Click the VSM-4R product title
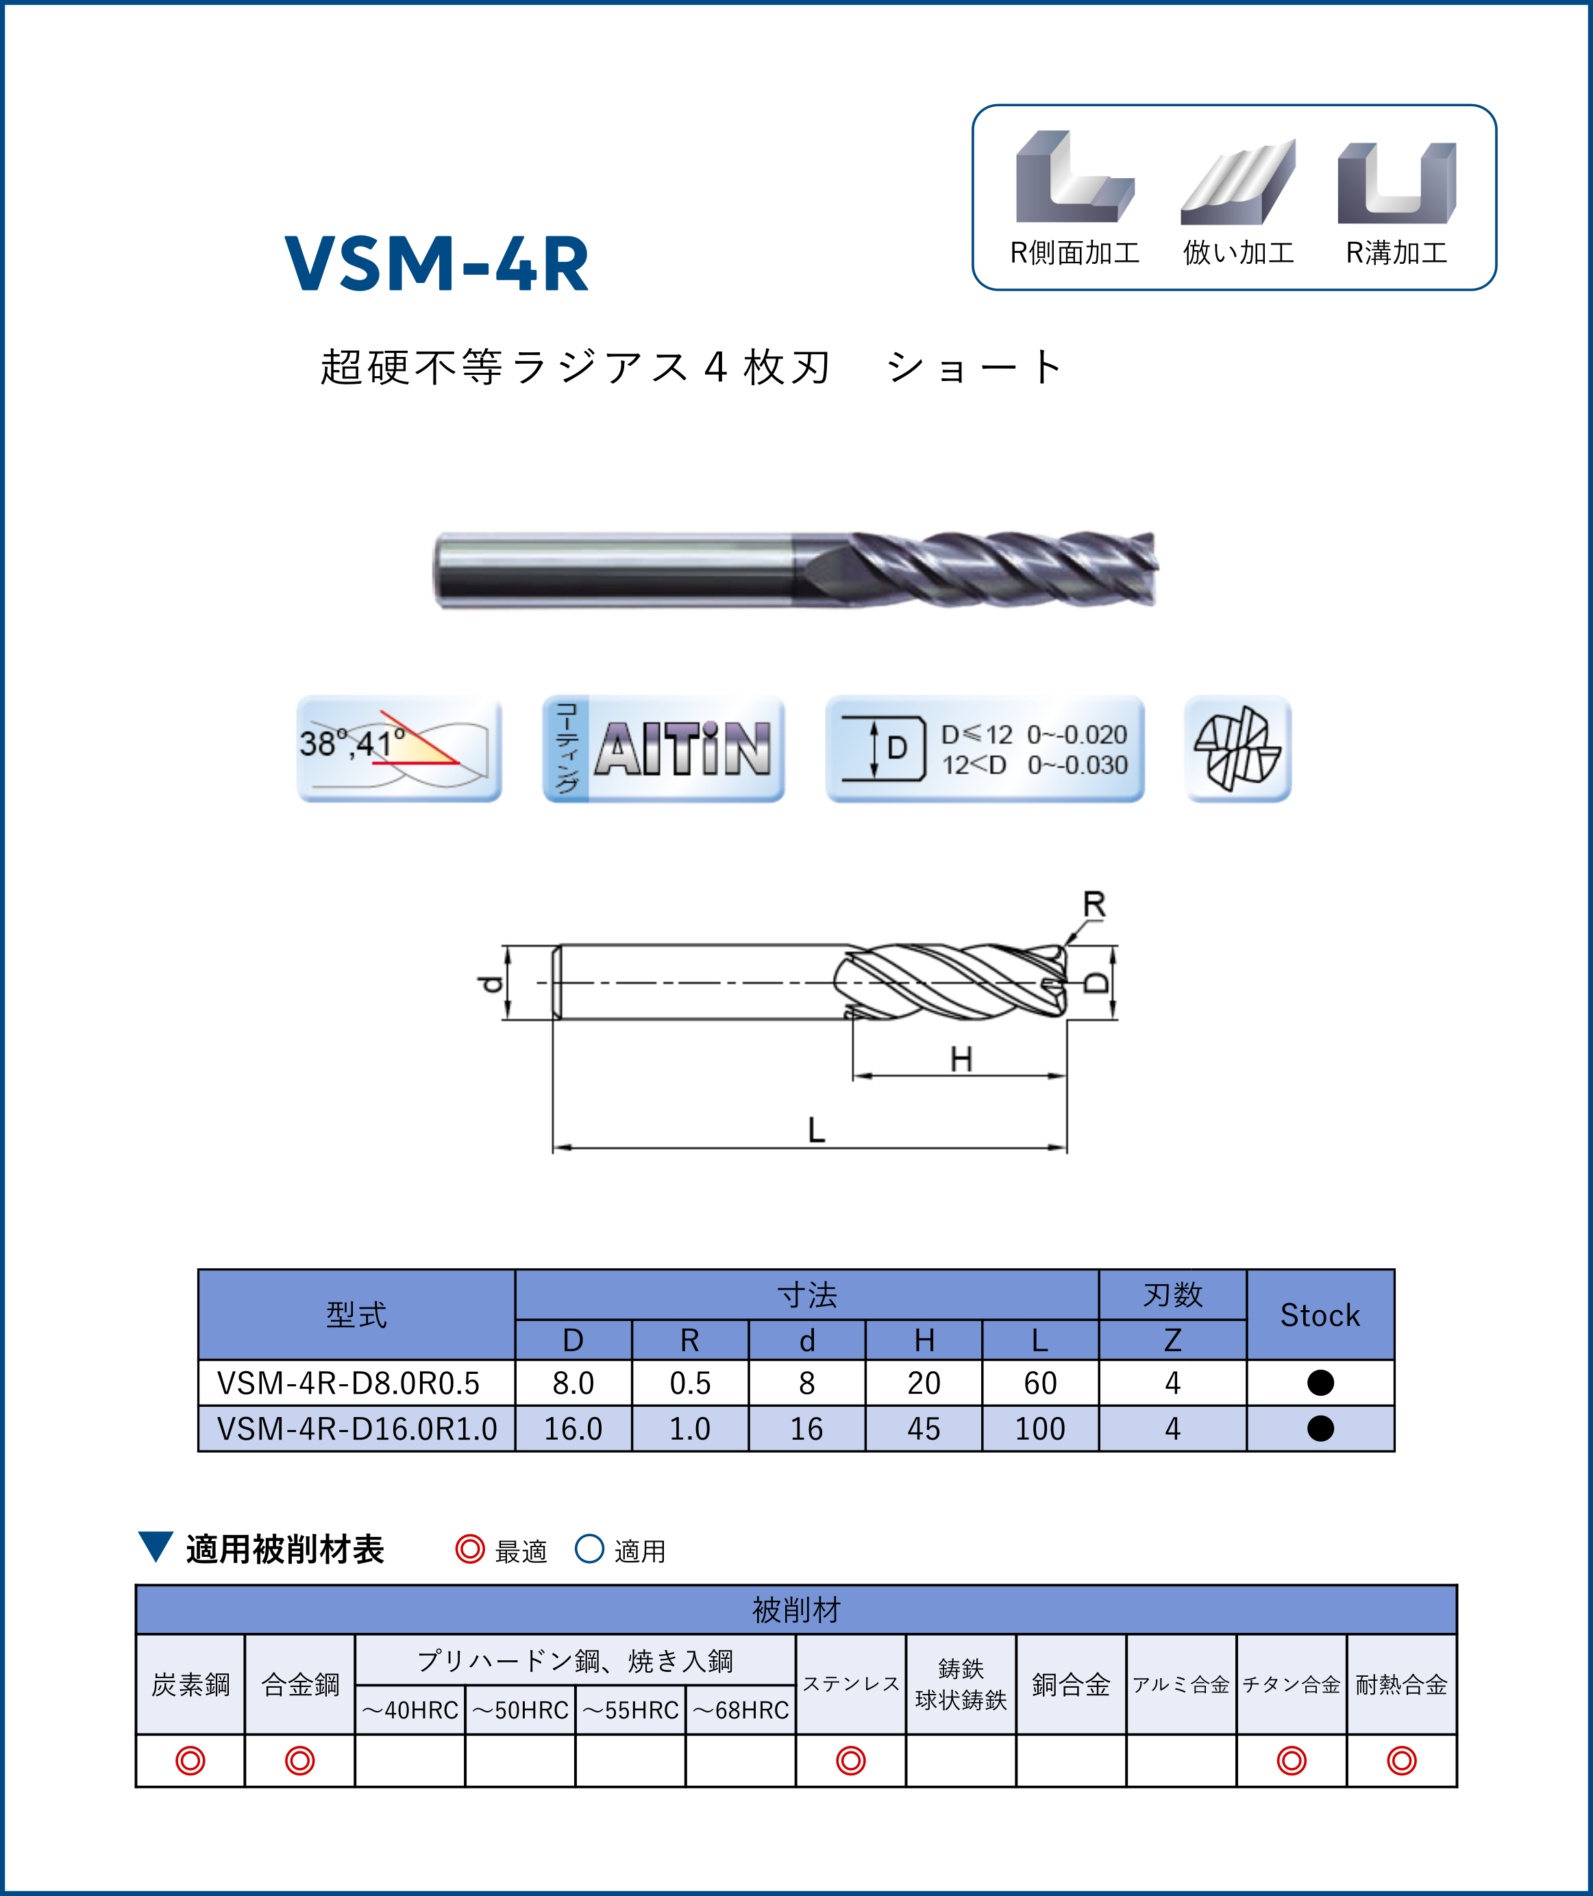[437, 264]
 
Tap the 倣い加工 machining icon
[1238, 182]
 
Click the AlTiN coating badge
[664, 749]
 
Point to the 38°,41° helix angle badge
[399, 749]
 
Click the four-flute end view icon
[1237, 749]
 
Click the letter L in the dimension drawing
[816, 1130]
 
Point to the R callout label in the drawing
[1094, 904]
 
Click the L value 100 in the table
[1040, 1429]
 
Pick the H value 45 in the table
[924, 1429]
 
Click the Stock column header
[1320, 1315]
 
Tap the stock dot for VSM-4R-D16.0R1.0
[1320, 1428]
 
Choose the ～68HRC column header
[741, 1710]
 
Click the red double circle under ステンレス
[851, 1760]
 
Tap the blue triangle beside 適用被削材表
[156, 1546]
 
